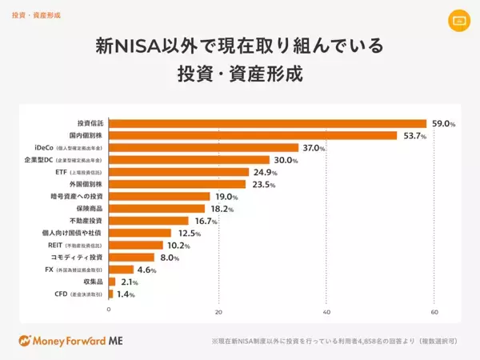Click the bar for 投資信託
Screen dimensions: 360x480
pyautogui.click(x=267, y=123)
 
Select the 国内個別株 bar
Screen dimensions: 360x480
pyautogui.click(x=253, y=135)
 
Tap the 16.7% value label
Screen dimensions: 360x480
pyautogui.click(x=206, y=221)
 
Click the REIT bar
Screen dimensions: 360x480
pyautogui.click(x=136, y=245)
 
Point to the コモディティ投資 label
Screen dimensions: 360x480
pyautogui.click(x=77, y=257)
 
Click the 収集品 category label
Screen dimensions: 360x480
pyautogui.click(x=92, y=282)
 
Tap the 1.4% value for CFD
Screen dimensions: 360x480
pyautogui.click(x=126, y=294)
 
